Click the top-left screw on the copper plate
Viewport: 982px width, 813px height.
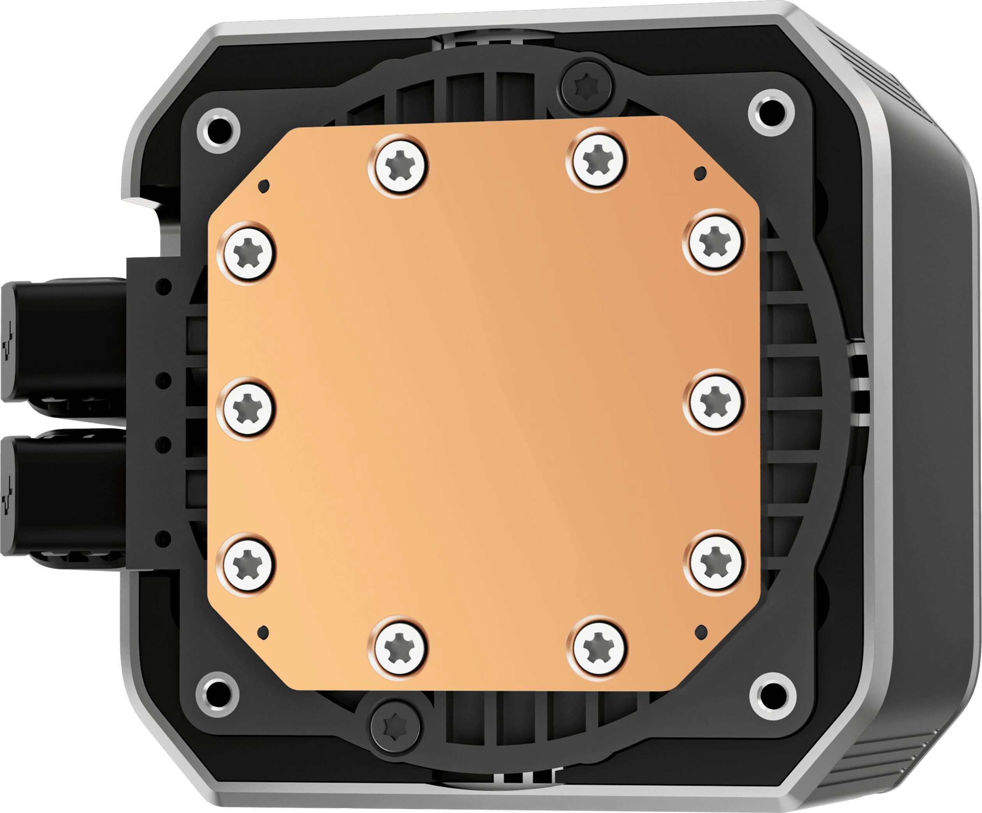click(x=399, y=166)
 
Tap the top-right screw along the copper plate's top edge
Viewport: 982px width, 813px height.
click(x=598, y=160)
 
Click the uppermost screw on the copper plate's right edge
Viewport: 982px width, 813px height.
click(x=715, y=242)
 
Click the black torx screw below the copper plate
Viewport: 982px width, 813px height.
click(x=396, y=726)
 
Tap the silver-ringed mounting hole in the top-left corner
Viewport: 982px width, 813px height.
click(x=218, y=130)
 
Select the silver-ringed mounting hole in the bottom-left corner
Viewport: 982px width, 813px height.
click(x=217, y=694)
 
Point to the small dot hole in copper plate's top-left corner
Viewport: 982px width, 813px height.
click(x=264, y=186)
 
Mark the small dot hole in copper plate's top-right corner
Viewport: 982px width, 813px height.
click(x=700, y=174)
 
